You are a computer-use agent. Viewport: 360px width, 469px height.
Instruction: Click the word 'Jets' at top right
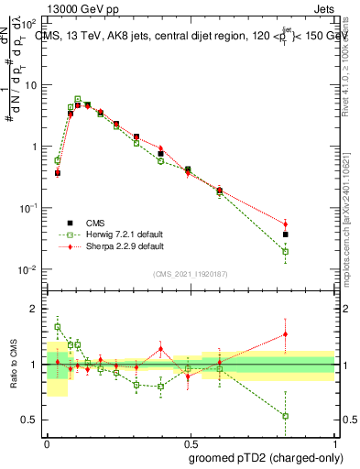click(x=323, y=8)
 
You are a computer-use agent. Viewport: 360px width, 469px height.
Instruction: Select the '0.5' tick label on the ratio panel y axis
click(x=29, y=420)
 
